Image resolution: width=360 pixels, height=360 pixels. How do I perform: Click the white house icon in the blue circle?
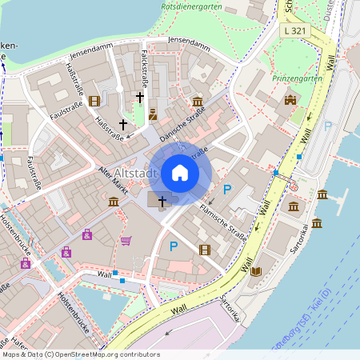tap(179, 173)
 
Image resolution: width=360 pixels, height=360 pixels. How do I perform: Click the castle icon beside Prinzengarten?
tap(290, 100)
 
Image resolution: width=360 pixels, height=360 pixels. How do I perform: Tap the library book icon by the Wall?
tap(256, 271)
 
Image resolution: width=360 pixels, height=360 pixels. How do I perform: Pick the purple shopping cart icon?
tap(126, 240)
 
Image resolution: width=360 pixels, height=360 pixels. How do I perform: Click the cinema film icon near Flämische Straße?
tap(205, 250)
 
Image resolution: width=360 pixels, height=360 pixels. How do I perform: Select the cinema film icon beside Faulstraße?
tap(95, 101)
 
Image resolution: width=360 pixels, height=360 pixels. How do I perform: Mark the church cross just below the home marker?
tap(162, 201)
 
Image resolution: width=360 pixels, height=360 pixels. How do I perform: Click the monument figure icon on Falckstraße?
tap(152, 114)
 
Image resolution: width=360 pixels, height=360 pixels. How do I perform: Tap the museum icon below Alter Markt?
tap(114, 200)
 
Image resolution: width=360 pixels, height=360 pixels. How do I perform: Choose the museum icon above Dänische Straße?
tap(198, 101)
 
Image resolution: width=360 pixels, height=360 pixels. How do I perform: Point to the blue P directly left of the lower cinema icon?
tap(173, 247)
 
